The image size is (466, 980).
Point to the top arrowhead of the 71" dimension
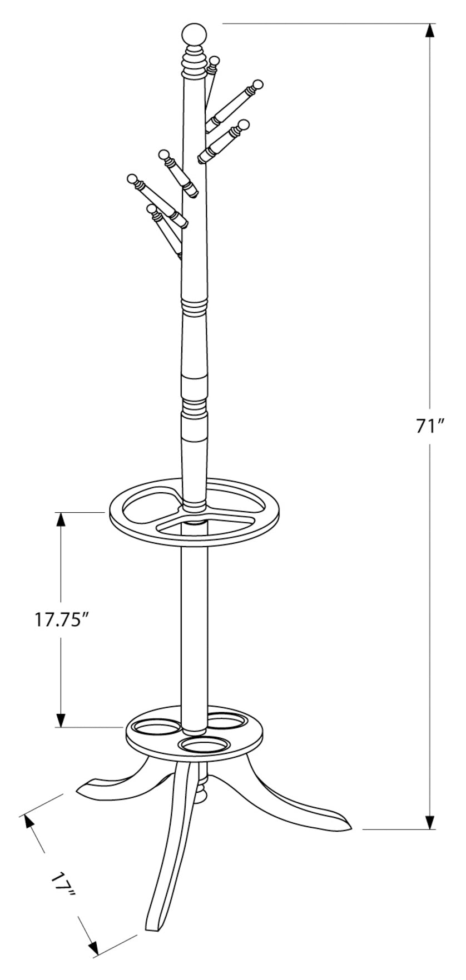point(430,31)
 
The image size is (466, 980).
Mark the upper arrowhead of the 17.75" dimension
point(61,519)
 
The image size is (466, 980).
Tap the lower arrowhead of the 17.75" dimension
point(61,719)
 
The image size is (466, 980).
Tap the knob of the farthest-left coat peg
point(132,179)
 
